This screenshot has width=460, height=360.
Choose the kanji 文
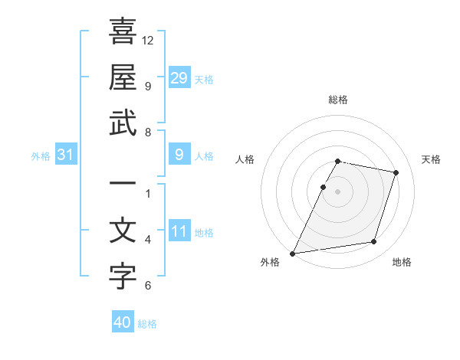(123, 231)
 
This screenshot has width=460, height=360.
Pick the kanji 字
(123, 277)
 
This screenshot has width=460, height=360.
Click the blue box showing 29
(179, 77)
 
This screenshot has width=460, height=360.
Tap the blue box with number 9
(179, 155)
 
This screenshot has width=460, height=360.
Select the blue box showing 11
(179, 232)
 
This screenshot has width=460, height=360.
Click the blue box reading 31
(65, 155)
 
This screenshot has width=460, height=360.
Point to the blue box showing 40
(123, 322)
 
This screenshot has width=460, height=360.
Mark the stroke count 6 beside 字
(148, 286)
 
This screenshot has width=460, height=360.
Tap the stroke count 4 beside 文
(148, 240)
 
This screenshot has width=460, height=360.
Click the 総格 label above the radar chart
(337, 100)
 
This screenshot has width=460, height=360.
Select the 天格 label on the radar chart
(432, 159)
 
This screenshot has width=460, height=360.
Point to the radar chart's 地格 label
(402, 262)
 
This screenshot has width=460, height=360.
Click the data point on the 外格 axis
(293, 253)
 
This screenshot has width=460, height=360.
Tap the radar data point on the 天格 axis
(396, 173)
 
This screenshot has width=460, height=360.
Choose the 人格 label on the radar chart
(245, 159)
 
